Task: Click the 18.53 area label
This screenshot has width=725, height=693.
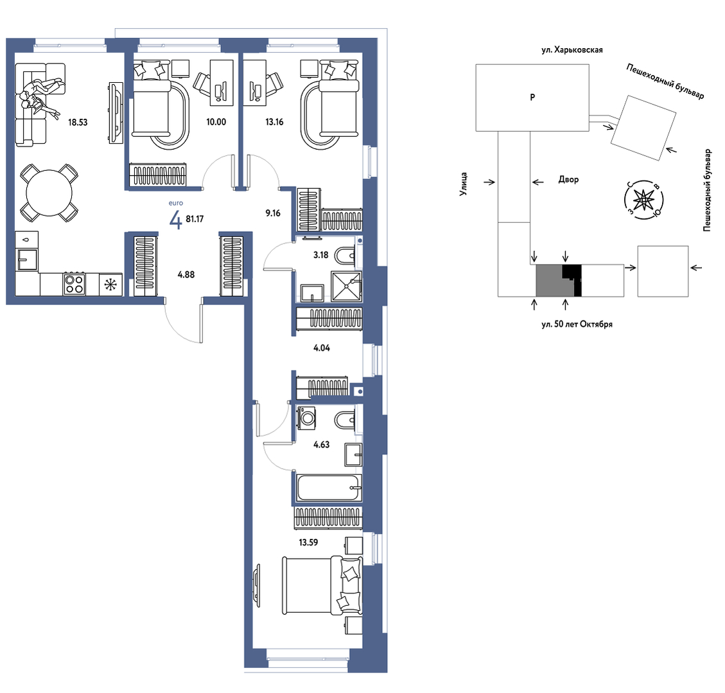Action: (78, 123)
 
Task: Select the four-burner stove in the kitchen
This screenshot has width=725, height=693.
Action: (74, 285)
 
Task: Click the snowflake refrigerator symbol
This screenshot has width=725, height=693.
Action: (111, 285)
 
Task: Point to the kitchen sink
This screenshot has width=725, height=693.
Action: (27, 259)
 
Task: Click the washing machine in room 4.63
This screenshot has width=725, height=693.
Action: (307, 418)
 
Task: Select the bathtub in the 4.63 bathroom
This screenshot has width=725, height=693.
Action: (329, 487)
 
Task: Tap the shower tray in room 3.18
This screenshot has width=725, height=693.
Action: (346, 286)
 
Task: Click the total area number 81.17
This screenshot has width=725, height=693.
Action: (195, 219)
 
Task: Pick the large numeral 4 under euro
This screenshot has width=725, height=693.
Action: (176, 220)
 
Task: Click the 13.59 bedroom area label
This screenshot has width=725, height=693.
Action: (308, 542)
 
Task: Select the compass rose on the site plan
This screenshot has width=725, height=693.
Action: (643, 200)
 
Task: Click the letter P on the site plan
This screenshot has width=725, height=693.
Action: (532, 97)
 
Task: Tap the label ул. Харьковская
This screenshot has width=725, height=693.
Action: (572, 50)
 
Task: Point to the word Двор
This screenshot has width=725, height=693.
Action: (568, 179)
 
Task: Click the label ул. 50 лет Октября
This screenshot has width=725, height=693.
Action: (577, 324)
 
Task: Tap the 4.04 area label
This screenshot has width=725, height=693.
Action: (322, 348)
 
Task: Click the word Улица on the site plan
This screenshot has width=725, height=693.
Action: (464, 184)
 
